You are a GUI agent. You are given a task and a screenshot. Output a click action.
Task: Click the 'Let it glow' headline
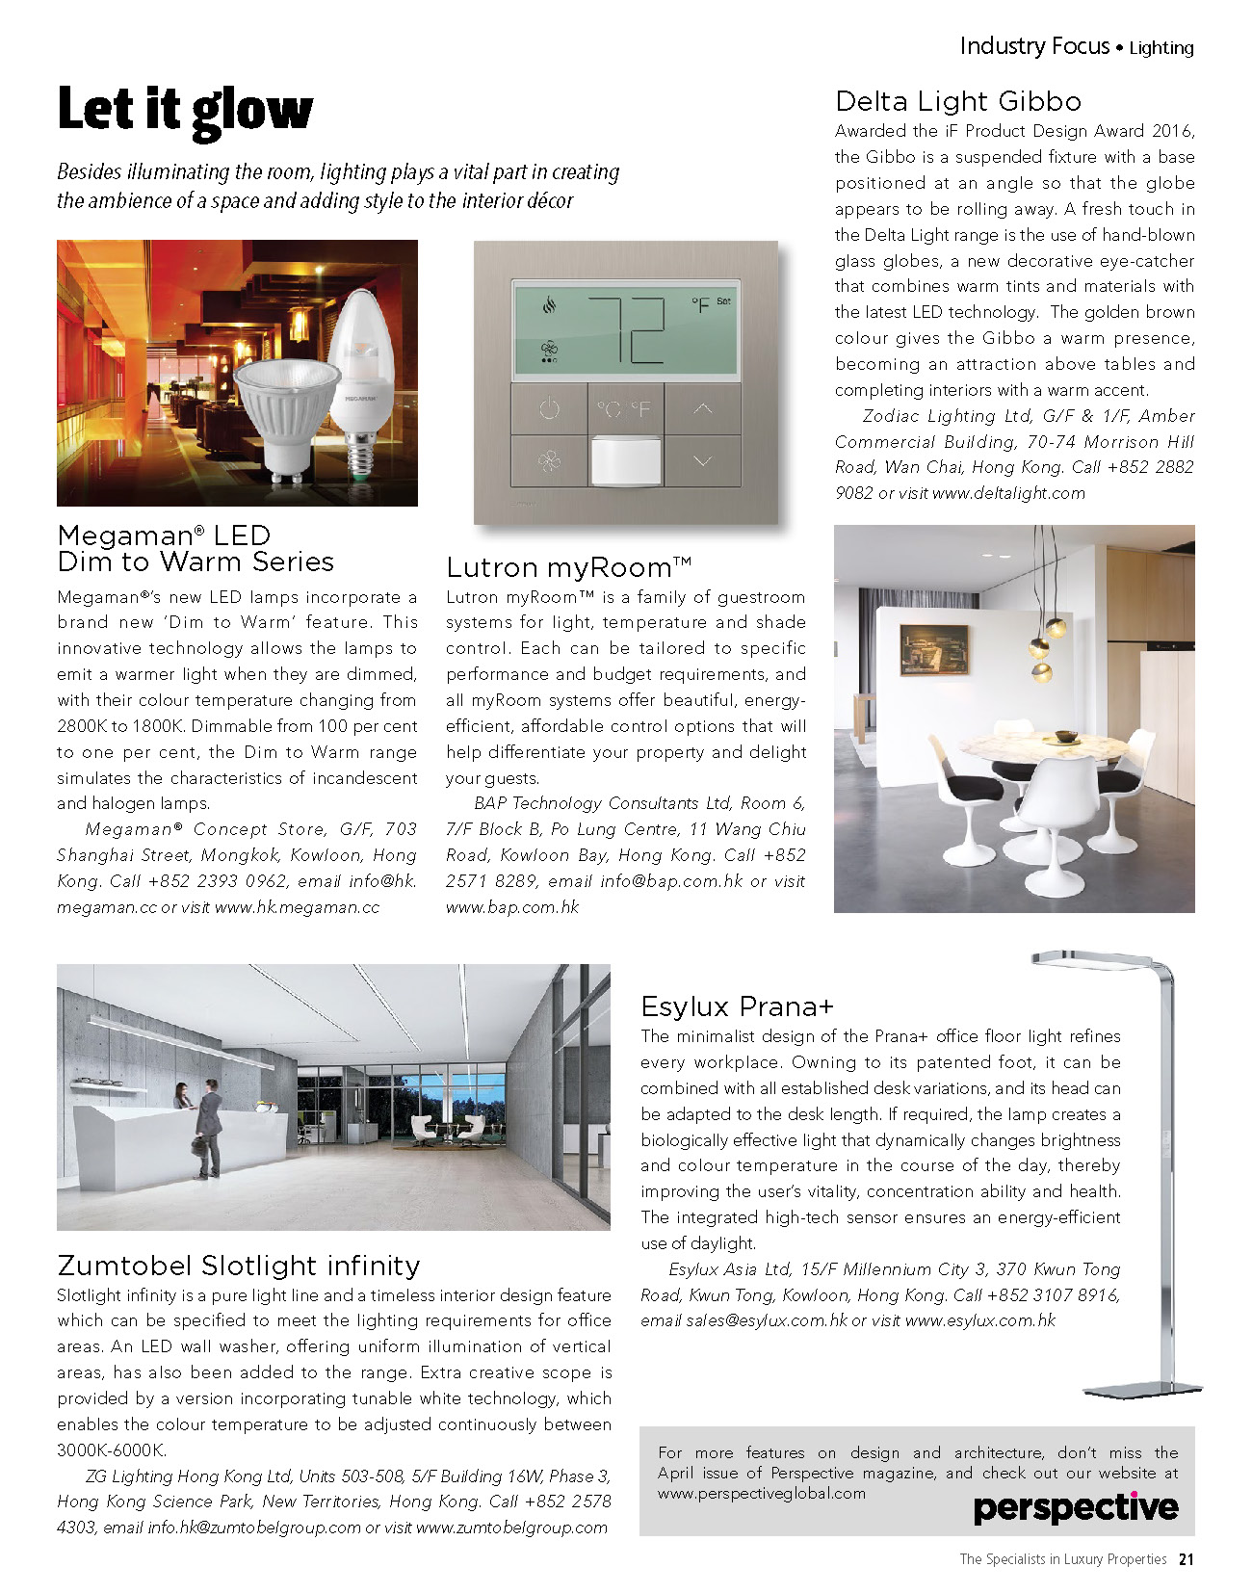click(185, 109)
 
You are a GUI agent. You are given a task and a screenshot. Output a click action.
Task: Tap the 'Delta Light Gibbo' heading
click(957, 101)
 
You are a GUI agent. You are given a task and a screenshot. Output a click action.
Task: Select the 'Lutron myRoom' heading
click(568, 567)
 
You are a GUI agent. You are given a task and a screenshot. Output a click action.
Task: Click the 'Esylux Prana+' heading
click(737, 1006)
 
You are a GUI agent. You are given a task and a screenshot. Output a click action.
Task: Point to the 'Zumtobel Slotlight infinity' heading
click(239, 1265)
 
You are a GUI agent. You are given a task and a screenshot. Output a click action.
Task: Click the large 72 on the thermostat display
click(628, 329)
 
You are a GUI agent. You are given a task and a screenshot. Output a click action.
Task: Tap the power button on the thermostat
click(549, 409)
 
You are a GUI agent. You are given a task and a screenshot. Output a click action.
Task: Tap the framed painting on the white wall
click(933, 649)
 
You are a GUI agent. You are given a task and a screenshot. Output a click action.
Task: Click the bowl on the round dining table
click(1066, 737)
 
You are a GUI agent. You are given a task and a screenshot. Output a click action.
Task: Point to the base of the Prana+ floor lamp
click(1150, 1390)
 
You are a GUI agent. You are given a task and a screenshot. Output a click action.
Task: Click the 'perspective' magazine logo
click(1075, 1508)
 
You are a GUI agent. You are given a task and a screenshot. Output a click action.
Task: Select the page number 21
click(1187, 1559)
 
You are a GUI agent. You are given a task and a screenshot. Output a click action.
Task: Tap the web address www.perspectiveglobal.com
click(762, 1494)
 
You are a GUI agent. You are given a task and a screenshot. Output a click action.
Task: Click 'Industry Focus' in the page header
click(1034, 46)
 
